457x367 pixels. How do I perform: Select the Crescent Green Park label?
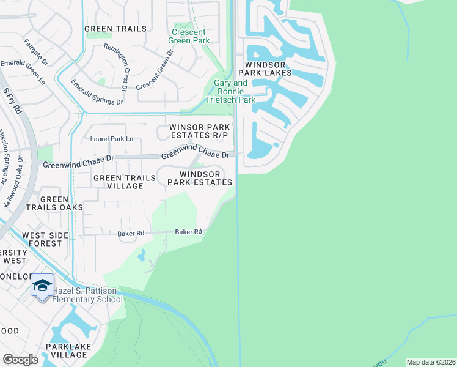tap(191, 36)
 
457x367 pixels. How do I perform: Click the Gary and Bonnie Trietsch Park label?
tap(235, 91)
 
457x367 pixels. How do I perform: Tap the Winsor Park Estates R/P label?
tap(199, 131)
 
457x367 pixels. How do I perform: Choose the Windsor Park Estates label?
tap(199, 178)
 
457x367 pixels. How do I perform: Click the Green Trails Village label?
tap(119, 182)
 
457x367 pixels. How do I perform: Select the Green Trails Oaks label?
tap(62, 204)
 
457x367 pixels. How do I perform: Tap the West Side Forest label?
tap(42, 239)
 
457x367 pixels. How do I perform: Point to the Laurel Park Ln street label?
tap(112, 139)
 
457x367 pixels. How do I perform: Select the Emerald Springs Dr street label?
tap(97, 92)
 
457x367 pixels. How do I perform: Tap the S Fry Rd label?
tap(12, 101)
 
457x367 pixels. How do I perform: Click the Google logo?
tap(20, 360)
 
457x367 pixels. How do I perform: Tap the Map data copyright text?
tap(430, 362)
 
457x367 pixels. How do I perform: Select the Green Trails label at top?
tap(115, 29)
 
